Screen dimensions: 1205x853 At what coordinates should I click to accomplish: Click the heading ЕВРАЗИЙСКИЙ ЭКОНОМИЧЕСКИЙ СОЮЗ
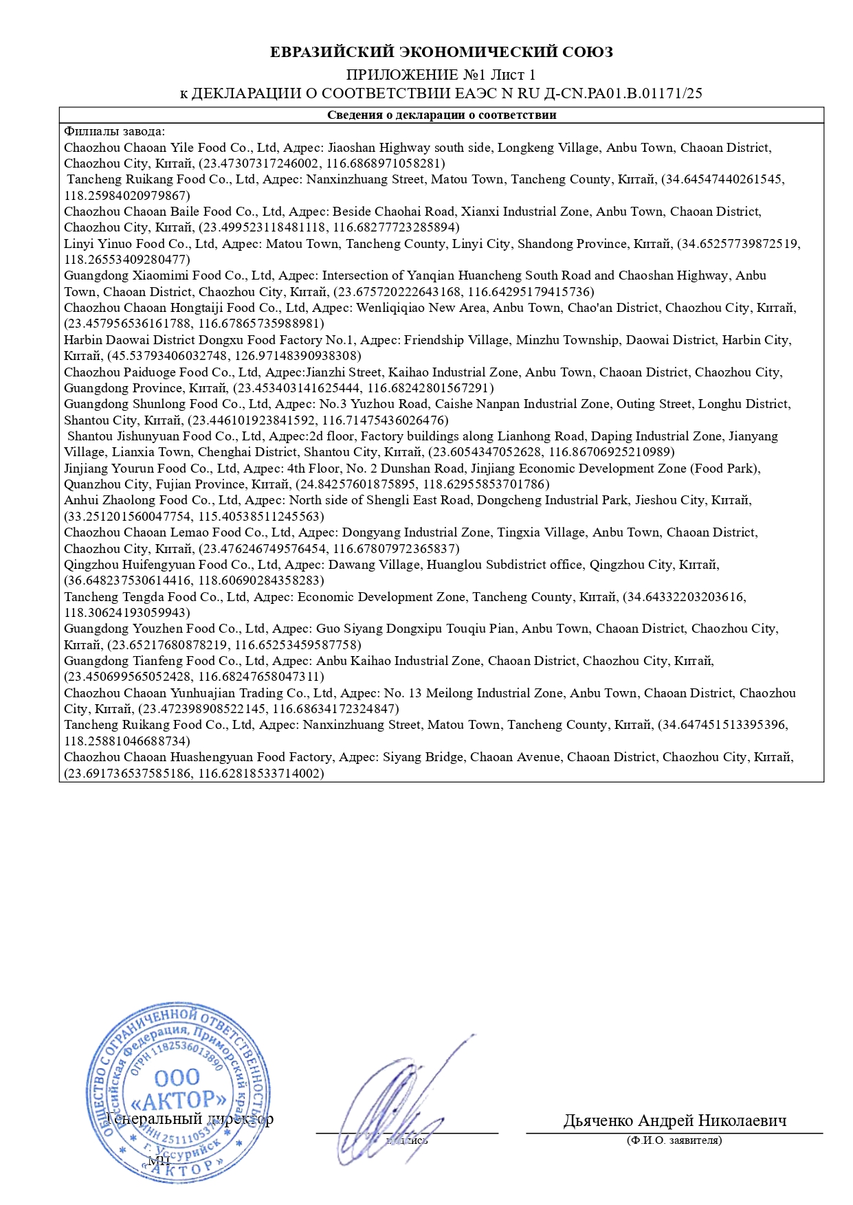(x=441, y=52)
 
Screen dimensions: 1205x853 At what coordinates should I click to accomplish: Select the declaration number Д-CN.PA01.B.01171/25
(x=623, y=93)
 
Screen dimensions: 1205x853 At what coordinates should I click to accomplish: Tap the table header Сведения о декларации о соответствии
(x=441, y=115)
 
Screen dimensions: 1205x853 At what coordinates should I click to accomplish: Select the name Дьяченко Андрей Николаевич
(x=674, y=1120)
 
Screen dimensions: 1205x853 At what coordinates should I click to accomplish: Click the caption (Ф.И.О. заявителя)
(x=674, y=1140)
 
